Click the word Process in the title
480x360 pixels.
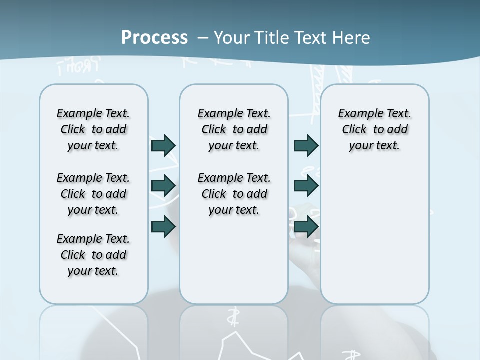coord(154,37)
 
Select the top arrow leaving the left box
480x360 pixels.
coord(163,145)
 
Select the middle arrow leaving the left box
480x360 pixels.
coord(163,185)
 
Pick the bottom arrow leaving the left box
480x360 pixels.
coord(163,226)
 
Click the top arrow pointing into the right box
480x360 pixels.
coord(306,145)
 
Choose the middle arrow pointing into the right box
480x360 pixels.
coord(306,185)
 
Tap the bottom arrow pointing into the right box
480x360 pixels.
coord(306,226)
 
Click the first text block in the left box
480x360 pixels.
coord(93,129)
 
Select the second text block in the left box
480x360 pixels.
coord(93,194)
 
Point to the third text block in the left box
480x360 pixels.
coord(93,255)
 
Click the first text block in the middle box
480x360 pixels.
coord(234,129)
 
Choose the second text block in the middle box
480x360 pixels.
coord(234,194)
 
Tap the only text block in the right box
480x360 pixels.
coord(374,129)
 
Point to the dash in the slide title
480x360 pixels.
coord(203,38)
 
